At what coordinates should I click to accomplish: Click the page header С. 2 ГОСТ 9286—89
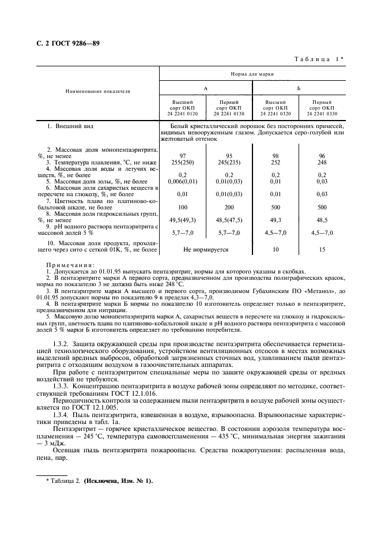(65, 43)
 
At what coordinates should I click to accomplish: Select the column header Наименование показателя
(97, 91)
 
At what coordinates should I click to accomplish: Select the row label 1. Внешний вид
(70, 126)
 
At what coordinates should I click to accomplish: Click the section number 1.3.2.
(61, 344)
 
